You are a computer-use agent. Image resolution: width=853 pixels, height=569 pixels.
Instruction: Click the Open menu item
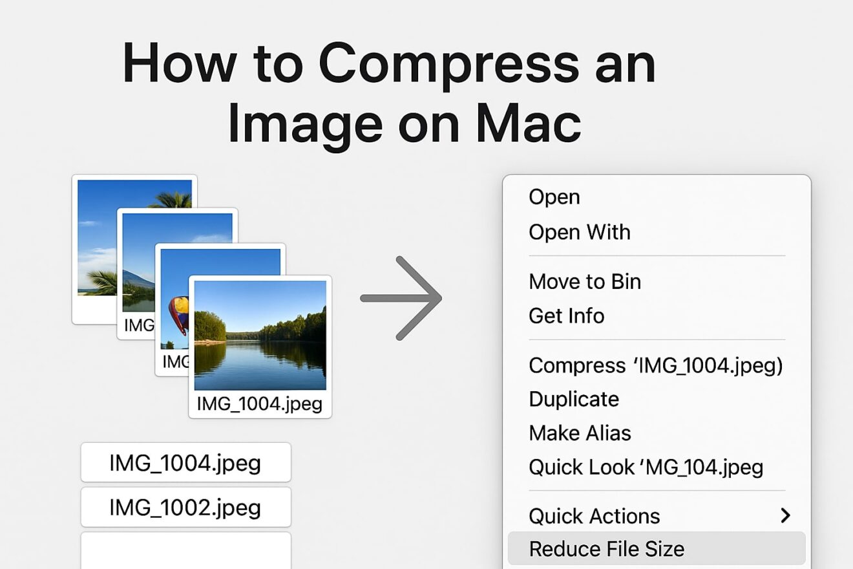tap(554, 197)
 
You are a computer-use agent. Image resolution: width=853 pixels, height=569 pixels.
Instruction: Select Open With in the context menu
tap(579, 231)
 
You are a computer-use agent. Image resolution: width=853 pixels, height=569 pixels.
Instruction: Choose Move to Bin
tap(584, 281)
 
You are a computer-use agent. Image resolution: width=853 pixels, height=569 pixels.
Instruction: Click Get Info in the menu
tap(566, 316)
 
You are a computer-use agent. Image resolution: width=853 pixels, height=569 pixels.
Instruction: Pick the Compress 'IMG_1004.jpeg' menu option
tap(655, 365)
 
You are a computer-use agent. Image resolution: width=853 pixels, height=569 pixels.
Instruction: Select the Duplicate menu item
tap(573, 399)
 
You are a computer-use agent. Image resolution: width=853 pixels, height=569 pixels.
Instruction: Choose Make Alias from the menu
tap(580, 433)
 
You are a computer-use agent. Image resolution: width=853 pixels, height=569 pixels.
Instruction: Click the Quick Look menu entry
tap(646, 467)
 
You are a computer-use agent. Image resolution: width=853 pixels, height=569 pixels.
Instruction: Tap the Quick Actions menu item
tap(594, 515)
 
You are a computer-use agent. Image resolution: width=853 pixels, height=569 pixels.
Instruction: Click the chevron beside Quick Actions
tap(785, 515)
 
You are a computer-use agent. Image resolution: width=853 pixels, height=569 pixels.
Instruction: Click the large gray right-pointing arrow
tap(401, 298)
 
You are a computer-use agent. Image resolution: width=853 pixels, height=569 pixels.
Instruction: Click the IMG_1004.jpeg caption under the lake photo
tap(259, 404)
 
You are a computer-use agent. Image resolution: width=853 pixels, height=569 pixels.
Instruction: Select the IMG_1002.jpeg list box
tap(185, 507)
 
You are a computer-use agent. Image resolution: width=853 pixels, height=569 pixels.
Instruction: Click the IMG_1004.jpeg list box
tap(185, 462)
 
